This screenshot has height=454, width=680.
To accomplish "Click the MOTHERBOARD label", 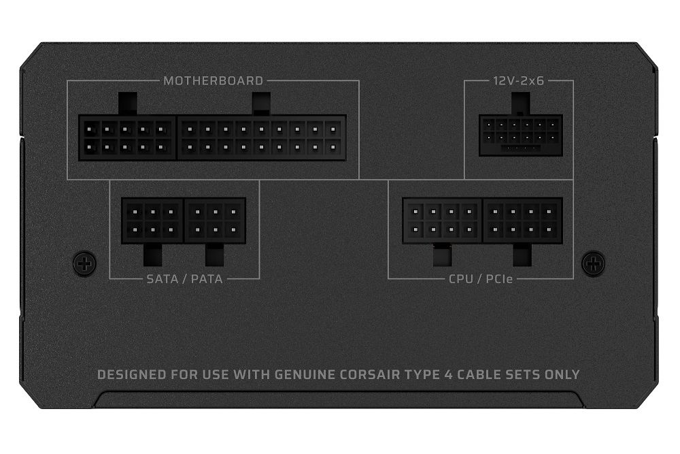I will (x=213, y=80).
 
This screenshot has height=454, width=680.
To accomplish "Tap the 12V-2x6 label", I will (x=519, y=80).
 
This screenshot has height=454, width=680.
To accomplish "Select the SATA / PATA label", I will (x=184, y=278).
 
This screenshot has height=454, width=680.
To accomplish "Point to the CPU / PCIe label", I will (x=481, y=278).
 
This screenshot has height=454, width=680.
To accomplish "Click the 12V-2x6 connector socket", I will (x=520, y=135).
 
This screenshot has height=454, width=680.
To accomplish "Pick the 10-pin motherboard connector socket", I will (x=127, y=137).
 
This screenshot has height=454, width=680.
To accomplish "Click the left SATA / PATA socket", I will (x=153, y=221).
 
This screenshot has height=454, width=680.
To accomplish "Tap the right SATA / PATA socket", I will (x=215, y=221).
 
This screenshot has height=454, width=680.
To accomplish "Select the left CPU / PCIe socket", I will (x=443, y=221).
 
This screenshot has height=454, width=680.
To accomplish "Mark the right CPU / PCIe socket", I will (x=522, y=221).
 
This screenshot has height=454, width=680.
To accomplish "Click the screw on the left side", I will (x=84, y=261).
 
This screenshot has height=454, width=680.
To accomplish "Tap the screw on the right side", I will (x=594, y=261).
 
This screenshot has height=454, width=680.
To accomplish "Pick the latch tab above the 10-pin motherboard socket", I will (x=127, y=104).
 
